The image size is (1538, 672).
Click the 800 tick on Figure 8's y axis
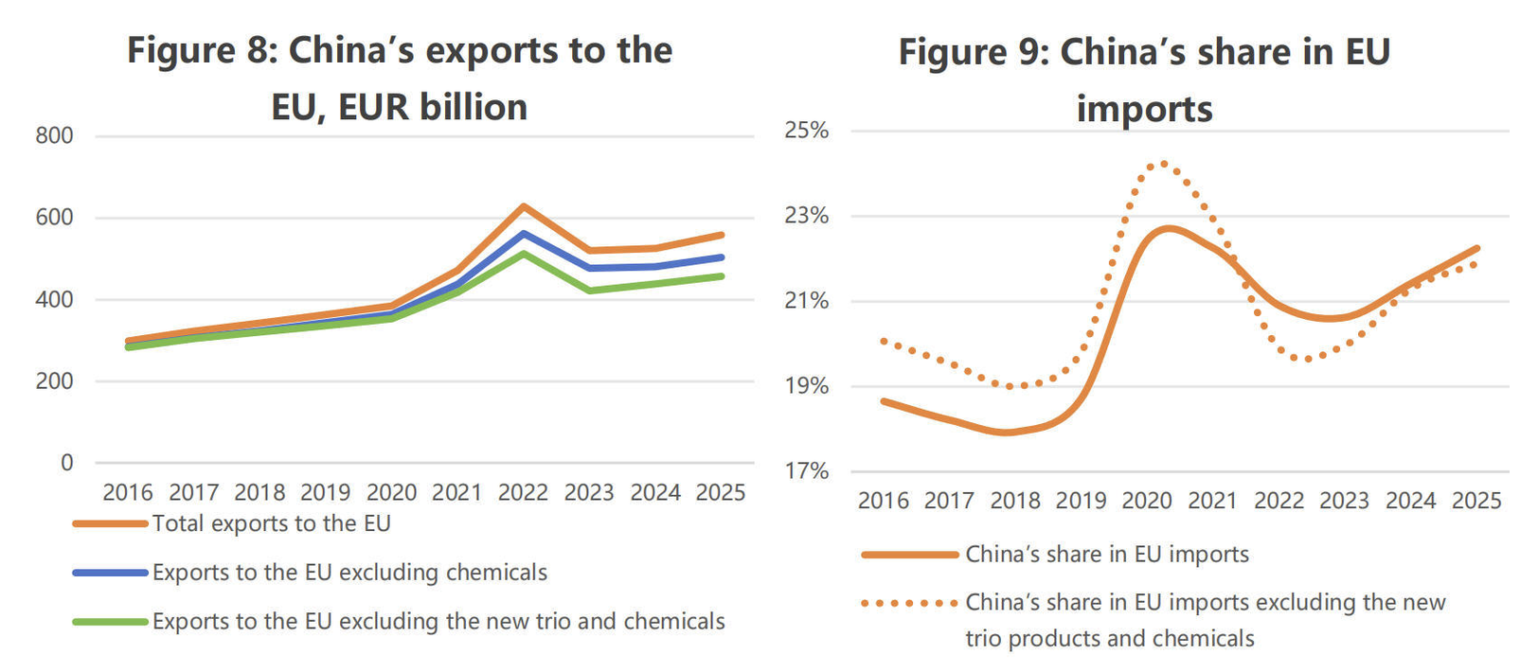[x=54, y=135]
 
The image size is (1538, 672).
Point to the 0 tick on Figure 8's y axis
[x=66, y=463]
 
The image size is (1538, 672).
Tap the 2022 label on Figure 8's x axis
[x=523, y=492]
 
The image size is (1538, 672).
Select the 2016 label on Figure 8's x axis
[x=128, y=492]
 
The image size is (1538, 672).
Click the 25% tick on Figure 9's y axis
[x=807, y=130]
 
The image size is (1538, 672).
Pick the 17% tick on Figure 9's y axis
[x=807, y=471]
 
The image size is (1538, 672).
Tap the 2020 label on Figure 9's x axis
[x=1147, y=501]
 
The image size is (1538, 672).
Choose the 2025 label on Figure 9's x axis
[x=1476, y=501]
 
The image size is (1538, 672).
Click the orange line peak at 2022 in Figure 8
[x=523, y=206]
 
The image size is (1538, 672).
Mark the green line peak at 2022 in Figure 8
[x=523, y=254]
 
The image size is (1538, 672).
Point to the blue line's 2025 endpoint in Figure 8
[x=721, y=257]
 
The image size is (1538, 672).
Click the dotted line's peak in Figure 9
[x=1163, y=164]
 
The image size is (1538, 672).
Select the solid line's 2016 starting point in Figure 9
[x=884, y=401]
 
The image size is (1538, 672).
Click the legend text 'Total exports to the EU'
[x=271, y=523]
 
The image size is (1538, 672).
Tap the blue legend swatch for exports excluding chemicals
[x=111, y=573]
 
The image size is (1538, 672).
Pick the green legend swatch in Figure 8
[x=111, y=622]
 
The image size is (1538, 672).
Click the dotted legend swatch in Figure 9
[x=910, y=603]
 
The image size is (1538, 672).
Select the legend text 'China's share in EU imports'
[x=1107, y=555]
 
